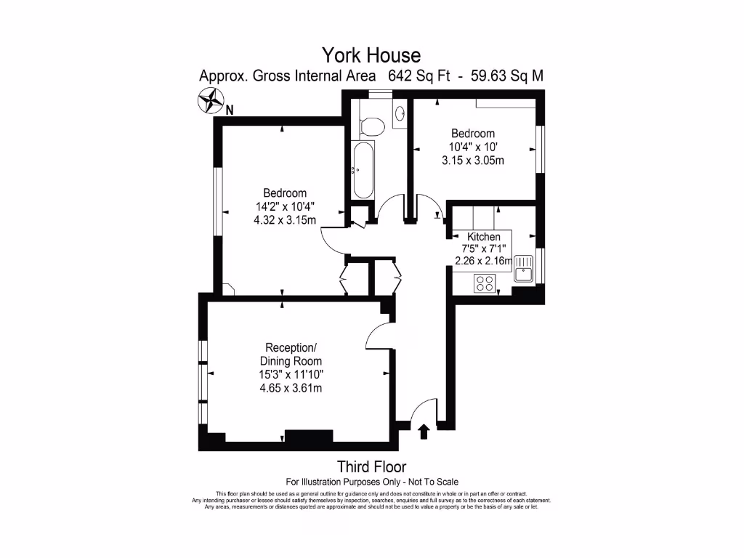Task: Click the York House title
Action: tap(371, 55)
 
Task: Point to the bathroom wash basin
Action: tap(400, 113)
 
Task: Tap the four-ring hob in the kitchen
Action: tap(485, 283)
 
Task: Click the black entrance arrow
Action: tap(424, 433)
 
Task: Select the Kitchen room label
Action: tap(483, 237)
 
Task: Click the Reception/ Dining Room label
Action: tap(291, 354)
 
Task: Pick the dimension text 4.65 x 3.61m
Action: tap(291, 388)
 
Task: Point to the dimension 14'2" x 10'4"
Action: tap(285, 206)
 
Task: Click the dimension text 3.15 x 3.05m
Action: tap(473, 161)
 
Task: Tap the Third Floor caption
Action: tap(371, 466)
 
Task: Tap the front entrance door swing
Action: tap(422, 413)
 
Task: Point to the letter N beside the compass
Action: tap(230, 110)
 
